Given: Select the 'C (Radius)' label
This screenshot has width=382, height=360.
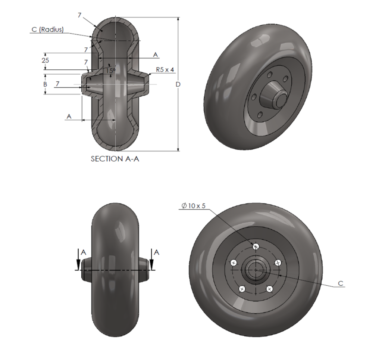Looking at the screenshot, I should (47, 30).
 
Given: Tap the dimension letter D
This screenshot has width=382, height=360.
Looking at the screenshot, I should (178, 84).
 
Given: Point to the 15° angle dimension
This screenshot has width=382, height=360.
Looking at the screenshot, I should (111, 70).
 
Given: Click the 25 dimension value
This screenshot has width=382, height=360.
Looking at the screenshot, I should (46, 60).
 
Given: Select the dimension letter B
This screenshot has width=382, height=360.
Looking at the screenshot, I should (45, 84).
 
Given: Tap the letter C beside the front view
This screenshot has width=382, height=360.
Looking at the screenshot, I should (340, 284).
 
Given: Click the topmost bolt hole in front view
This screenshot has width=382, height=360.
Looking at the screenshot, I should (256, 246).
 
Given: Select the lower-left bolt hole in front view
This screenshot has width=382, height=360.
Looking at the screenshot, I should (242, 289).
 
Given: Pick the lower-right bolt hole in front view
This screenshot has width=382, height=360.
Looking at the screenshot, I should (269, 289).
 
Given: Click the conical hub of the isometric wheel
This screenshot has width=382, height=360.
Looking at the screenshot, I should (275, 96).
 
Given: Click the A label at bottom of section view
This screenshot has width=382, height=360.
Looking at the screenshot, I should (69, 117).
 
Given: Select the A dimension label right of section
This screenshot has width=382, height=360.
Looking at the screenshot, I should (156, 55).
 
